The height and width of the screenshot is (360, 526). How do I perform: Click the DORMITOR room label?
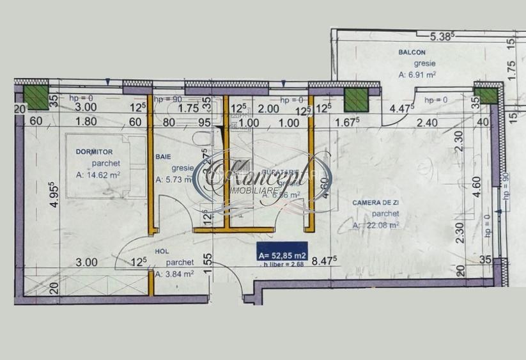point(94,152)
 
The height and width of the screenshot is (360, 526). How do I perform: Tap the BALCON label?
point(412,52)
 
